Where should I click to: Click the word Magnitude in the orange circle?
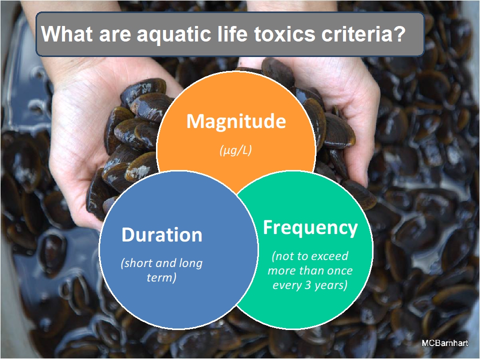point(236,122)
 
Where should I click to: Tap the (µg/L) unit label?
point(235,150)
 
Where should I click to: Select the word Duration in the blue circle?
point(162,235)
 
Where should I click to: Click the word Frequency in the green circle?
point(310,228)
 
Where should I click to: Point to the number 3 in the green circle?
point(307,285)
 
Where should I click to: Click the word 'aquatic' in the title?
point(174,34)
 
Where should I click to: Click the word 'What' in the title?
point(66,33)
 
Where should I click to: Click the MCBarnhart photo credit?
point(445,343)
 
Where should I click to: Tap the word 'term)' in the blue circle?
point(161,277)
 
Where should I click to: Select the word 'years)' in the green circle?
point(331,285)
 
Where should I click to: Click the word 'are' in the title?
point(114,34)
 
